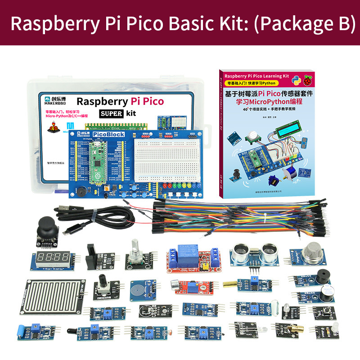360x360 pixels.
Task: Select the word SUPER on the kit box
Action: point(111,113)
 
